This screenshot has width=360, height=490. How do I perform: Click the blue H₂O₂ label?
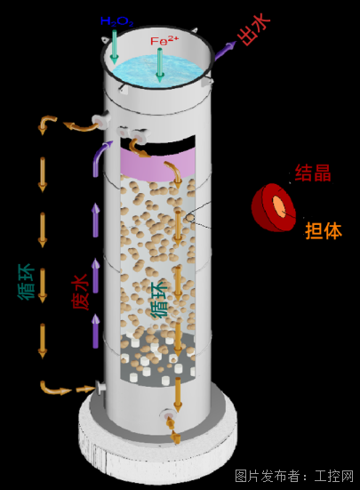(x=117, y=21)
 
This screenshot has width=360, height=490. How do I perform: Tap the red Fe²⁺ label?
(x=164, y=41)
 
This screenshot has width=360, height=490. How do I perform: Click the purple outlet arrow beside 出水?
(x=225, y=51)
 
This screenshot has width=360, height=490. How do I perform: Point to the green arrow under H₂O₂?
(x=114, y=46)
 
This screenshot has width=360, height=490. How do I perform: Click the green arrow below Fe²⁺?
(x=160, y=65)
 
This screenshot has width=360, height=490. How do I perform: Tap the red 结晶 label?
(x=313, y=173)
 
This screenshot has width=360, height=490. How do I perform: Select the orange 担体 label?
(x=324, y=230)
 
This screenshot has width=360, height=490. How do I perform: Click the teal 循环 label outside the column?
(x=26, y=282)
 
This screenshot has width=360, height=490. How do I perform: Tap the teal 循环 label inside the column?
(x=159, y=300)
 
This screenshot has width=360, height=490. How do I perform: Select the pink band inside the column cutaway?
(x=157, y=165)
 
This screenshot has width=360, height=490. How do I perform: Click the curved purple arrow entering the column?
(x=100, y=157)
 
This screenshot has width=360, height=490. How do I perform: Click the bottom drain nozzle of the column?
(x=168, y=414)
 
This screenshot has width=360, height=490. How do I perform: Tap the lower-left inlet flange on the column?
(x=100, y=389)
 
